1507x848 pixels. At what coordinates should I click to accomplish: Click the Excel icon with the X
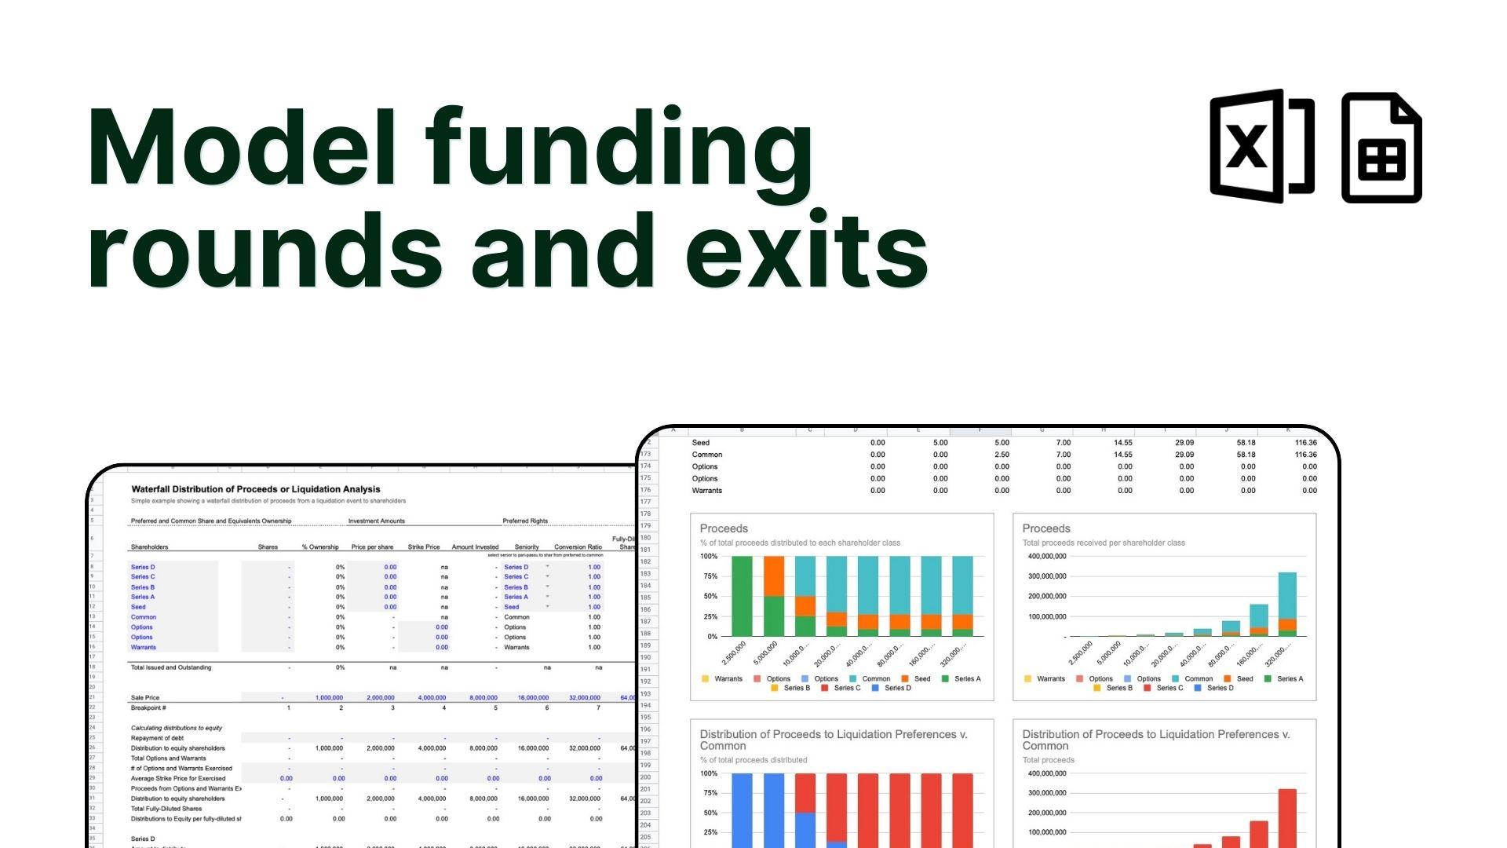pos(1261,146)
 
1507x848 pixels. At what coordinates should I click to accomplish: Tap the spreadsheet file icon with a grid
pos(1381,148)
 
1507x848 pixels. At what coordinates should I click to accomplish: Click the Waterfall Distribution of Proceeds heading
pos(256,489)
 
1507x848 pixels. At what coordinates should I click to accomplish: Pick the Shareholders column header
pos(149,546)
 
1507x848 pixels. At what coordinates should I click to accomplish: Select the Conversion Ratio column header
pos(578,546)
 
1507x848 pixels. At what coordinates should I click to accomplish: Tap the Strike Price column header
pos(424,546)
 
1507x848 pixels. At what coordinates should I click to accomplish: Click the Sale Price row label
pos(145,697)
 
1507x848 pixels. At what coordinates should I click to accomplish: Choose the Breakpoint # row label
pos(148,707)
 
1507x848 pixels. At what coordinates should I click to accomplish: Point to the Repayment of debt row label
pos(157,738)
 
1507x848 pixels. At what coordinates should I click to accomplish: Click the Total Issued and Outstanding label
pos(170,667)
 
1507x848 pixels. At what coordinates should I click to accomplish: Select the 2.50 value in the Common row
pos(1002,455)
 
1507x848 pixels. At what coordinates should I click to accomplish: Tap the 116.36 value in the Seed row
pos(1305,443)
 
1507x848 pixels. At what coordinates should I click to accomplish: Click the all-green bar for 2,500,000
pos(742,596)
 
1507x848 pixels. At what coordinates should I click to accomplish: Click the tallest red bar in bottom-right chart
pos(1287,817)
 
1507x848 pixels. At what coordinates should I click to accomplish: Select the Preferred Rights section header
pos(525,521)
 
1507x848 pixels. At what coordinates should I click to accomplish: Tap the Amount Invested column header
pos(475,546)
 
